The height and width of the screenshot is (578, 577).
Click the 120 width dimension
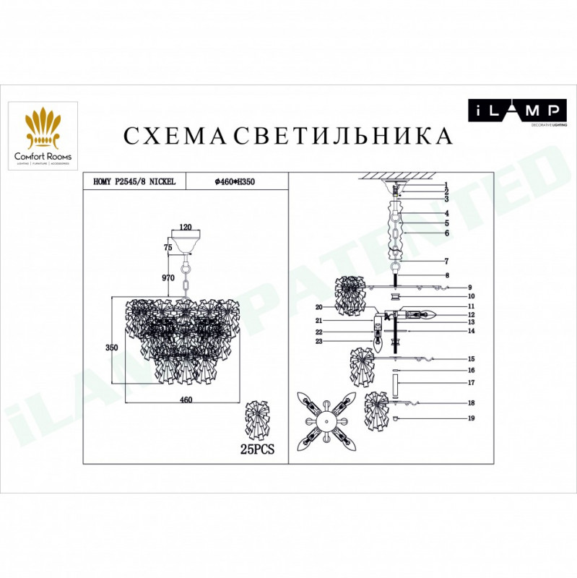coord(186,227)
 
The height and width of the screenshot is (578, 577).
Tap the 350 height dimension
coord(112,347)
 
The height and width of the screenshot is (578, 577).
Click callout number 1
coord(448,185)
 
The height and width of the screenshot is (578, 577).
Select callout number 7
coord(448,261)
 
